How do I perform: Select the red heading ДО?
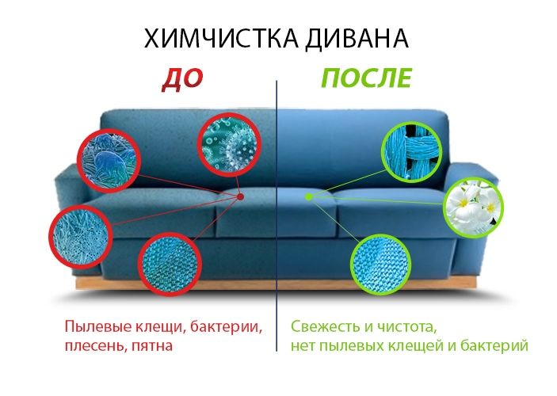183,78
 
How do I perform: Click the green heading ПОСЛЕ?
366,78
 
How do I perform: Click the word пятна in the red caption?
151,345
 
